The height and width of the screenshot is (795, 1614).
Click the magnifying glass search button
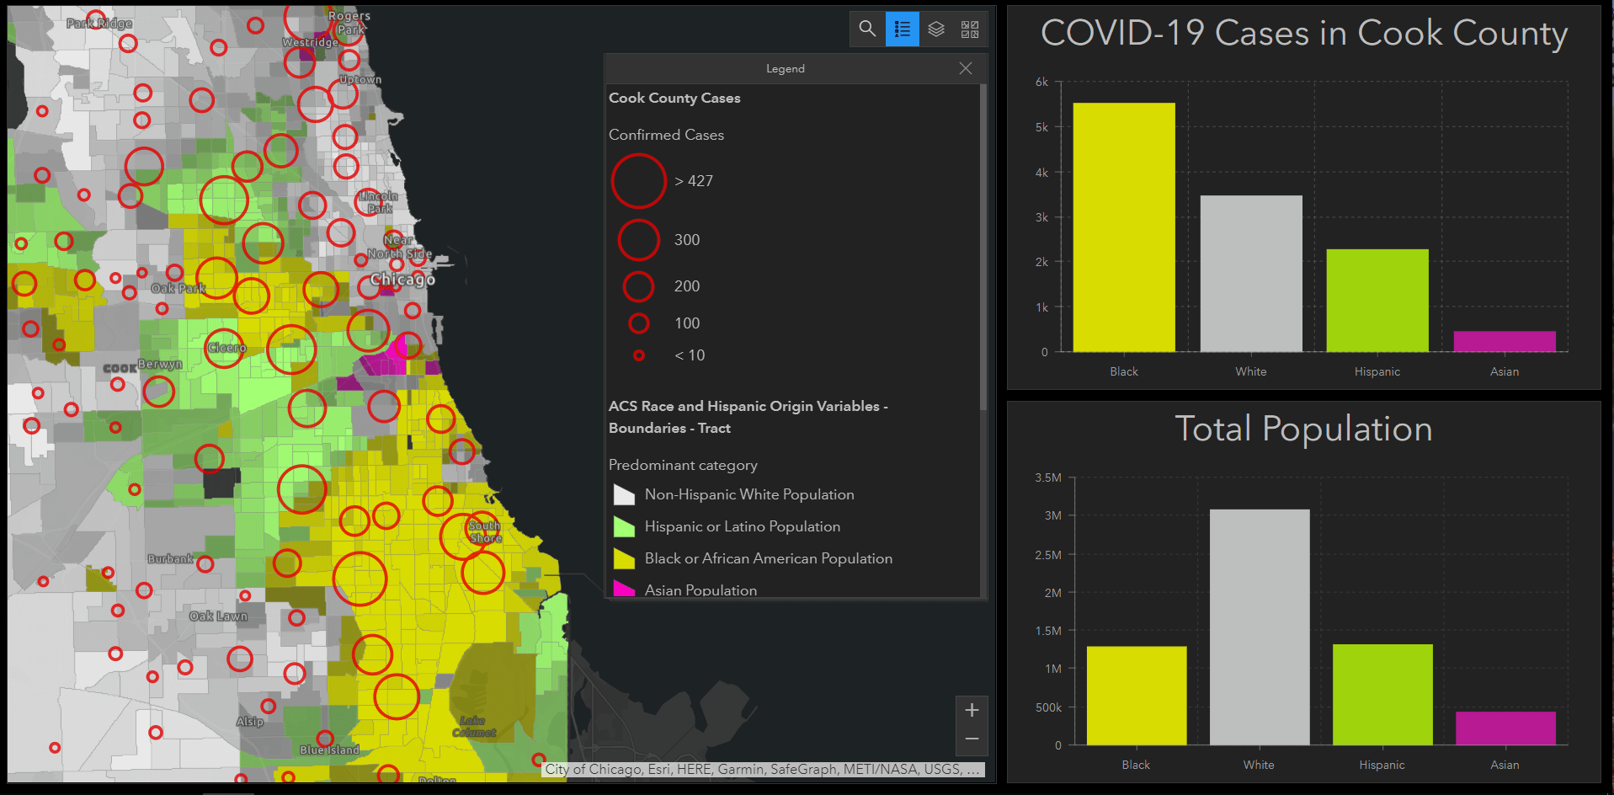[867, 29]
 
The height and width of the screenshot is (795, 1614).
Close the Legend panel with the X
[966, 68]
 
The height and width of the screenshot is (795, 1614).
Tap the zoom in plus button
[972, 710]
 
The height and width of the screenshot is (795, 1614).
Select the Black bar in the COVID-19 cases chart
[1124, 227]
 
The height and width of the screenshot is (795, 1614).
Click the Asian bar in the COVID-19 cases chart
[1505, 341]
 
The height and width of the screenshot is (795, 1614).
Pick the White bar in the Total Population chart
[1260, 627]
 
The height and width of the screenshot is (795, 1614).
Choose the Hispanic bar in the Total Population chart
[1382, 694]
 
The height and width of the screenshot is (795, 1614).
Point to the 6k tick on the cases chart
[1042, 83]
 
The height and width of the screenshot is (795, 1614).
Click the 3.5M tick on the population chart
[1048, 478]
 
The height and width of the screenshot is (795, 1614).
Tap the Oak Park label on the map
[178, 289]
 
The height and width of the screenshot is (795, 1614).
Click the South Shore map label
[485, 532]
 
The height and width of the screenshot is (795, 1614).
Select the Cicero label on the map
[227, 348]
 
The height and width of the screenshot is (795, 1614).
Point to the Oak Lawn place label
[219, 616]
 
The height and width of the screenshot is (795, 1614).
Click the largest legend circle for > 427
[639, 181]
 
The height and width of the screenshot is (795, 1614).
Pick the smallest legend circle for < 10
[639, 355]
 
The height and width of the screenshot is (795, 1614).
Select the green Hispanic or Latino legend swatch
[624, 527]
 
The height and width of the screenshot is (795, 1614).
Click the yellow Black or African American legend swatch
[624, 558]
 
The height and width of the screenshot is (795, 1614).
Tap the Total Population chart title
[1303, 429]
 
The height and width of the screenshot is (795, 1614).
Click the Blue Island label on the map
[329, 750]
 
